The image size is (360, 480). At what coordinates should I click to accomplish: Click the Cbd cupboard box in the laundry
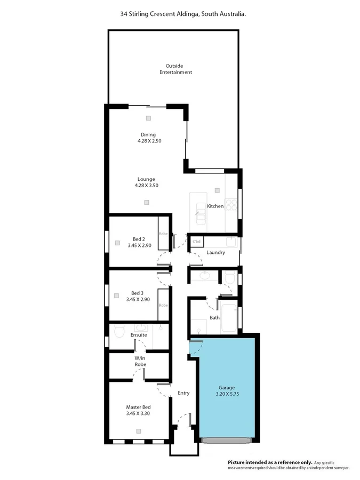pyautogui.click(x=196, y=242)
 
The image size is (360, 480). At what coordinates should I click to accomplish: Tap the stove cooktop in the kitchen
pyautogui.click(x=231, y=205)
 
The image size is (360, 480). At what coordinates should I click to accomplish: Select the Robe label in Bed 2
pyautogui.click(x=163, y=234)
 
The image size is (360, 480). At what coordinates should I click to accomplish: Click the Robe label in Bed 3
pyautogui.click(x=163, y=305)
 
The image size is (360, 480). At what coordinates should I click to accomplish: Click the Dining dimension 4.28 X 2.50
pyautogui.click(x=148, y=141)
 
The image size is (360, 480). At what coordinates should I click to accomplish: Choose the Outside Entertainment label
pyautogui.click(x=175, y=69)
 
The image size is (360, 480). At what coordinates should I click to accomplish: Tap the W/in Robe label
pyautogui.click(x=140, y=361)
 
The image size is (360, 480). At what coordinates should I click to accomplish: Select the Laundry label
pyautogui.click(x=215, y=252)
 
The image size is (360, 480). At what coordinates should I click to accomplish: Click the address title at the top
pyautogui.click(x=183, y=15)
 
